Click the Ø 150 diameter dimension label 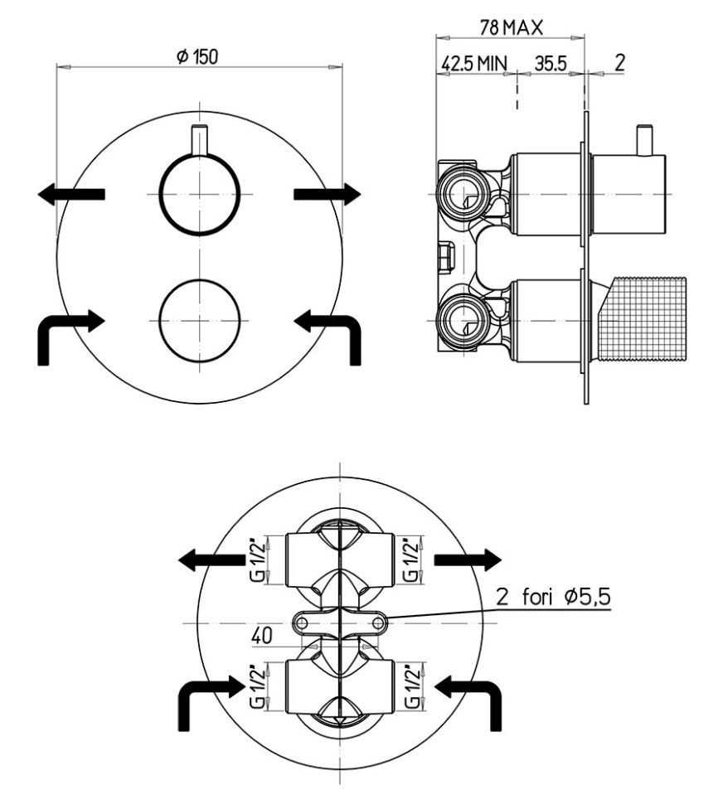(x=197, y=56)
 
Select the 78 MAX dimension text (x=511, y=27)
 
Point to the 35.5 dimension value (x=550, y=63)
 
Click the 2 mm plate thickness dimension (x=619, y=63)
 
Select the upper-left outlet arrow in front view (x=70, y=194)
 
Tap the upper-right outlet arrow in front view (x=328, y=194)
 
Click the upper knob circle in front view (x=200, y=193)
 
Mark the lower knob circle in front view (x=200, y=320)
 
